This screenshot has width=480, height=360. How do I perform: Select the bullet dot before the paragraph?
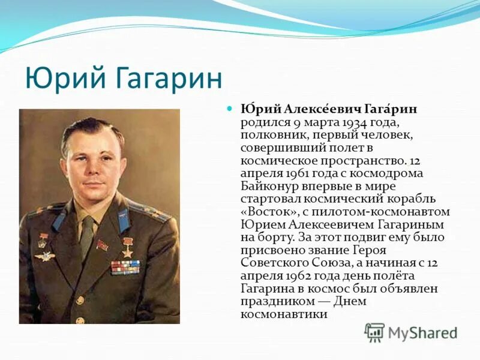[x=229, y=110]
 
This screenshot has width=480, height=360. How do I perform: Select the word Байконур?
[x=271, y=186]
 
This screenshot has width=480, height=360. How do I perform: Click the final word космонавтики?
[x=284, y=314]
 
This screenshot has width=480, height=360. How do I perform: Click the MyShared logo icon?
[x=374, y=332]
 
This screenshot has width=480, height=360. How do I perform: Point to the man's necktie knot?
[x=88, y=221]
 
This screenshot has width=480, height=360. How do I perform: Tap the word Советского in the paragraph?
[x=272, y=263]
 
